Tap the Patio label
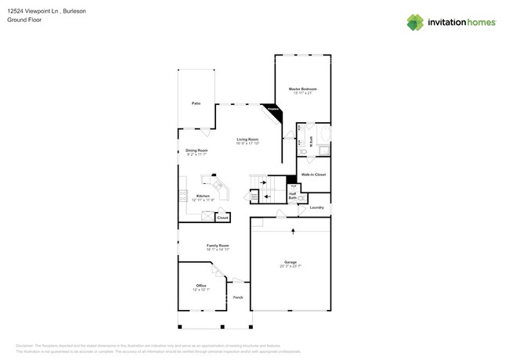click(196, 103)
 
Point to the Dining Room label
click(197, 150)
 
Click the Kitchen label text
click(203, 196)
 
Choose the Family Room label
click(218, 246)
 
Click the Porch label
click(237, 297)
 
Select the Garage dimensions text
click(290, 266)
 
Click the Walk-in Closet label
click(313, 175)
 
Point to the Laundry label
click(316, 207)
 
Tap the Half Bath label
click(292, 196)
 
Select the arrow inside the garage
click(293, 231)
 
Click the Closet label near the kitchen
click(222, 218)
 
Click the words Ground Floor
click(24, 20)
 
